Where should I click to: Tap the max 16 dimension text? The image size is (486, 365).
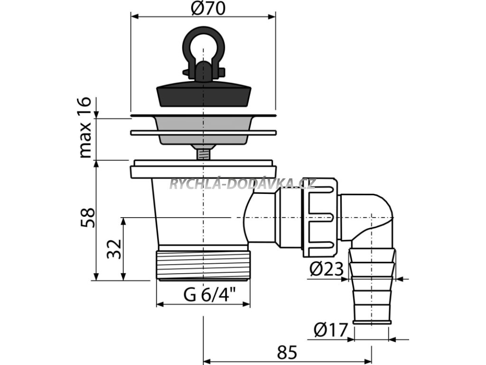click(84, 127)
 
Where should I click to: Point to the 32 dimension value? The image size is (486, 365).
click(114, 249)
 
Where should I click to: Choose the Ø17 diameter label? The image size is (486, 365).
click(331, 328)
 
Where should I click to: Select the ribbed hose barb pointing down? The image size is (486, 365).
click(372, 285)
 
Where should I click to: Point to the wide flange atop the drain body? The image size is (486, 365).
click(203, 169)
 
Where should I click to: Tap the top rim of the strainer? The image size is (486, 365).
click(203, 115)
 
